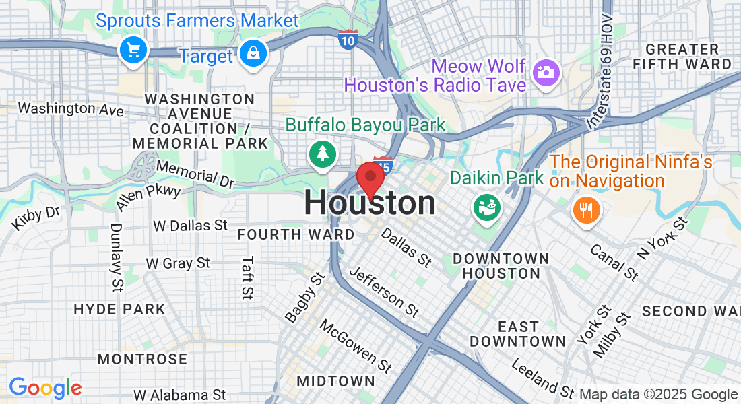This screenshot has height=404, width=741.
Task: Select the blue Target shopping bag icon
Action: tap(253, 53)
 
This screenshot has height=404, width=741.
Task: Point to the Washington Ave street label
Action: tap(70, 108)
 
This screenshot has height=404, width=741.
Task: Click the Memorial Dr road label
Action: tap(195, 173)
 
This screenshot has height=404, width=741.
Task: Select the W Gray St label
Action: tap(179, 263)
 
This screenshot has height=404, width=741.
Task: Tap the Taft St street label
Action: tap(247, 277)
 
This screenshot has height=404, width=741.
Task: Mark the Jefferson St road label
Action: tap(385, 292)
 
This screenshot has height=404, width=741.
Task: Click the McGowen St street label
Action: tap(355, 346)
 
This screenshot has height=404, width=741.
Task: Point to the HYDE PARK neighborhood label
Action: tap(119, 310)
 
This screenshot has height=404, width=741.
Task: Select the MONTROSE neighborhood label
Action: tap(142, 359)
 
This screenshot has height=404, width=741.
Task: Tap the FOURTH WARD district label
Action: tap(296, 234)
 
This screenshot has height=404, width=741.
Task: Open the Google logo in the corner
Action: tap(45, 388)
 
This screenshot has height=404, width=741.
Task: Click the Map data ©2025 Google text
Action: tap(658, 395)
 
